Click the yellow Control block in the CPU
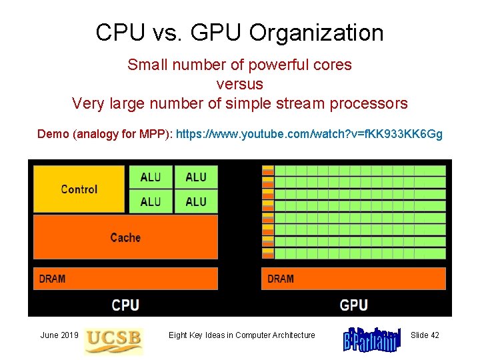coord(79,189)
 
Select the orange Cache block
coord(125,237)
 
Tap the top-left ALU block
coord(151,177)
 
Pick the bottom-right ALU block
coord(196,201)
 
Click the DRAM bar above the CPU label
coord(125,279)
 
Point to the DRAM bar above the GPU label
coord(353,279)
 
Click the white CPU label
coord(125,305)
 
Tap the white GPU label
coord(353,305)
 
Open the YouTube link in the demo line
coord(309,134)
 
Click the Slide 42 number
coord(425,335)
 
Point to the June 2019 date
coord(59,335)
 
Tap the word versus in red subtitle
coord(239,85)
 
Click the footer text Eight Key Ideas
coord(241,335)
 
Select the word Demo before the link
coord(53,134)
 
